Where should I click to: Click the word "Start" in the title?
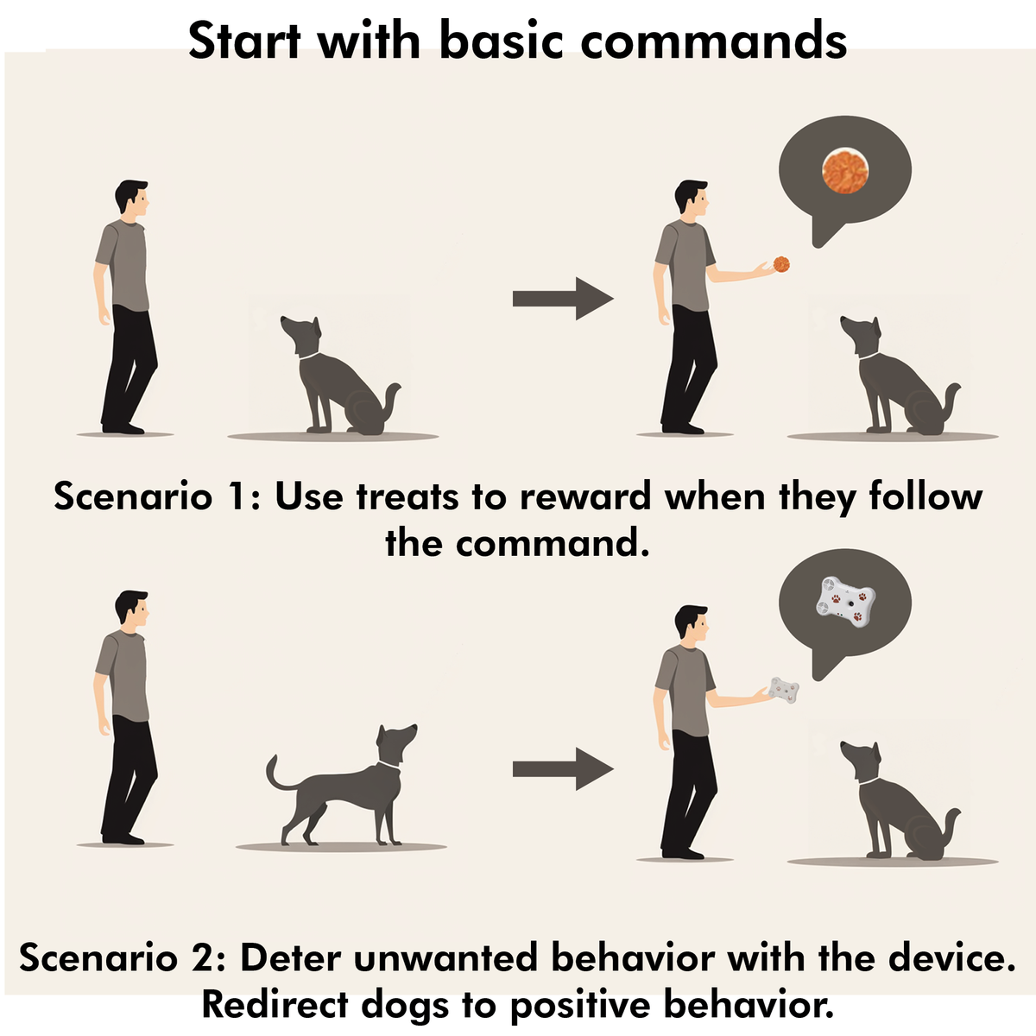(244, 41)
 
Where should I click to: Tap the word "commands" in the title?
(713, 41)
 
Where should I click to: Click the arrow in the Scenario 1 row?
(563, 299)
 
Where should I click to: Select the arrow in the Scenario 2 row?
(563, 769)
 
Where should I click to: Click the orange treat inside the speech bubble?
(845, 171)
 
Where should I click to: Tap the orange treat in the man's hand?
(781, 264)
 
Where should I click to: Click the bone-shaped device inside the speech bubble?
(846, 602)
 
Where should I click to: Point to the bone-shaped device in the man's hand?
(784, 691)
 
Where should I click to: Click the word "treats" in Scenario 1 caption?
(407, 496)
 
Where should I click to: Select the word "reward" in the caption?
(585, 496)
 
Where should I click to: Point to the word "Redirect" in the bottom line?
(275, 1004)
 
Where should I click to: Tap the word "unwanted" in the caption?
(445, 958)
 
